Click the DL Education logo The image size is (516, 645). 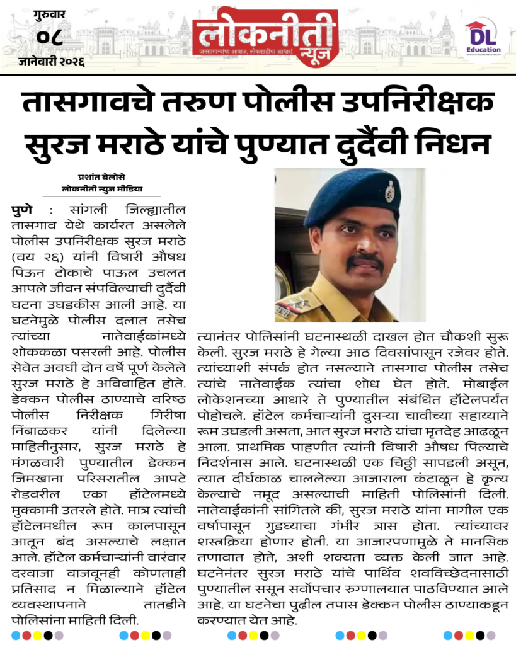click(x=483, y=38)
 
